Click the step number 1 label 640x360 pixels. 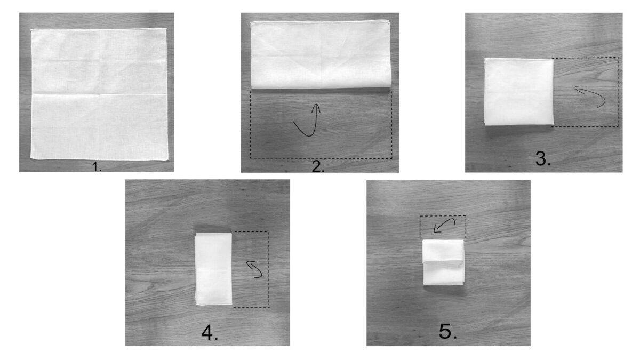pos(97,166)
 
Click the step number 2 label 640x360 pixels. pos(318,166)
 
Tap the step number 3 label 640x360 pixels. pos(543,159)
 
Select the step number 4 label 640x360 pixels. pos(210,333)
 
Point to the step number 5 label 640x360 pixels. pos(447,332)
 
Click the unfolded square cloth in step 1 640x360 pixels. pos(99,94)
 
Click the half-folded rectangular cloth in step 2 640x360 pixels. pos(321,54)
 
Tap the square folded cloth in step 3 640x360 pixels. pos(519,92)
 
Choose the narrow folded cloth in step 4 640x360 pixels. pos(213,269)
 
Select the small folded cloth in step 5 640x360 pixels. pos(443,262)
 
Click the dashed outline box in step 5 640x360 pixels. pos(443,215)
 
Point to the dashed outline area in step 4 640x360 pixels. pos(268,269)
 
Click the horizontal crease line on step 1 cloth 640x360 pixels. pos(99,94)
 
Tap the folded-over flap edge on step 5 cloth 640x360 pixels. pos(443,262)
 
